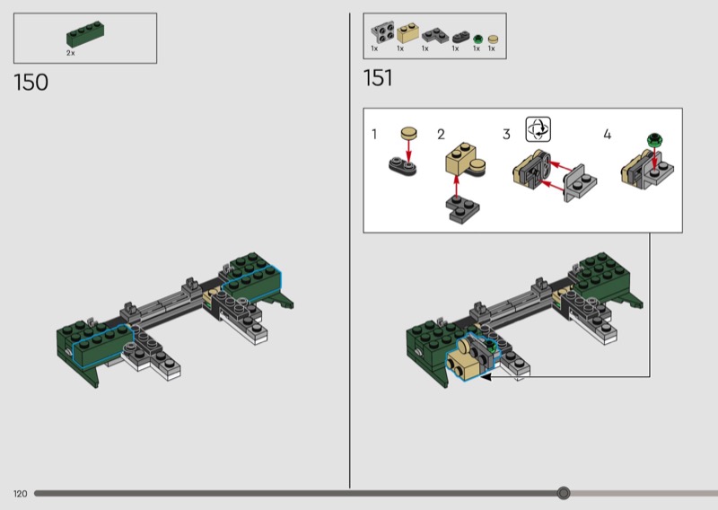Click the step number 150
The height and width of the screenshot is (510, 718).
coord(31,83)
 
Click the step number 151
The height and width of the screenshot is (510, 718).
coord(378,78)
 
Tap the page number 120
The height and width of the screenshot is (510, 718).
coord(20,494)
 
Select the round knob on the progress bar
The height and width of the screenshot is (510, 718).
coord(564,493)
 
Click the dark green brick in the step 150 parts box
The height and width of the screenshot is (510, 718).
coord(85,34)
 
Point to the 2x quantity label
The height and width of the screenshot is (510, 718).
coord(71,53)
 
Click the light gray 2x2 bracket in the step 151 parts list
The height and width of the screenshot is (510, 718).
coord(383,32)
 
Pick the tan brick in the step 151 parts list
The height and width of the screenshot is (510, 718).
coord(407,34)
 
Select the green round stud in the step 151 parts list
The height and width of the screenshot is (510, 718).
coord(477,39)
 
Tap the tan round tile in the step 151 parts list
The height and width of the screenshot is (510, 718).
coord(493,40)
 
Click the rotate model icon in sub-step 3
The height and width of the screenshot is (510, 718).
coord(538,129)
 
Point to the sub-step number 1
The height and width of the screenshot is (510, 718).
coord(374,135)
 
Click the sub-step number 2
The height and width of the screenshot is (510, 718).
coord(441,135)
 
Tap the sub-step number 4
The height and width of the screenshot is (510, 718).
coord(608,135)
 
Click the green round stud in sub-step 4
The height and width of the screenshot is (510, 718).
coord(655,139)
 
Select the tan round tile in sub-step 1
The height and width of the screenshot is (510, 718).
coord(409,132)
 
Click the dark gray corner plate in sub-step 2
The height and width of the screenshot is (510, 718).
coord(463,209)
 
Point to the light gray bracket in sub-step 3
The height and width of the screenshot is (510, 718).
coord(580,183)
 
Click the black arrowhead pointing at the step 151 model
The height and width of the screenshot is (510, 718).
coord(485,376)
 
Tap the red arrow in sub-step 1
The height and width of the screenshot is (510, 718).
coord(408,150)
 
